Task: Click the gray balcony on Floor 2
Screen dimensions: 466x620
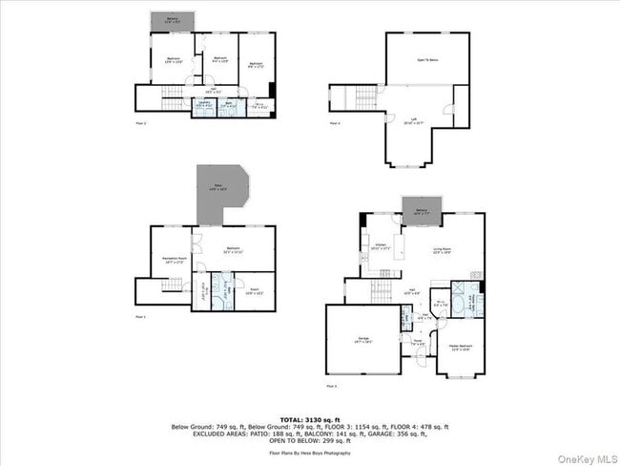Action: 172,22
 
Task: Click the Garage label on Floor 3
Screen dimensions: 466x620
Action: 363,338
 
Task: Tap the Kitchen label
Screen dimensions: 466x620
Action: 380,246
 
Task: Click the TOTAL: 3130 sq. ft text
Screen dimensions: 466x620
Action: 309,419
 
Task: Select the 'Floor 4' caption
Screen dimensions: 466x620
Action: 335,124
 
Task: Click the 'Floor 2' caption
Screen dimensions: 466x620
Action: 140,124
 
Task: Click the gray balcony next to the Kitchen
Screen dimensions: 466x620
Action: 420,214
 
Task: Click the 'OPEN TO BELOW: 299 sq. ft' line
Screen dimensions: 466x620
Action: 309,441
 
